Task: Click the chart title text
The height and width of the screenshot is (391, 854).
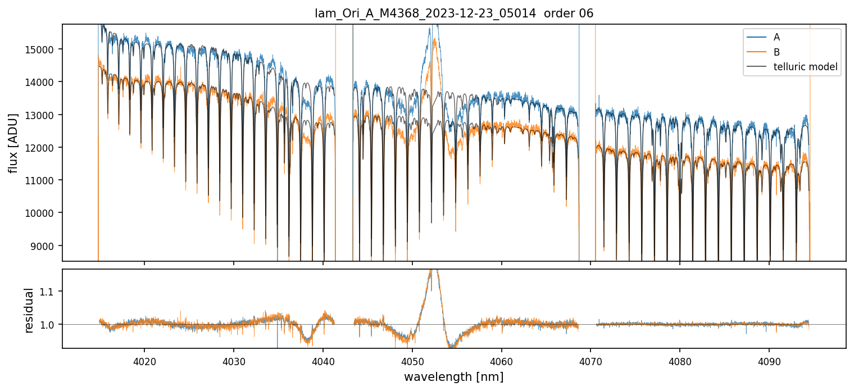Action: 453,14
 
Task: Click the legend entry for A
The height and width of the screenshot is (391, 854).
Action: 776,37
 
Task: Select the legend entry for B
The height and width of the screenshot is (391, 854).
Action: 776,52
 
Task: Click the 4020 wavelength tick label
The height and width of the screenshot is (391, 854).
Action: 144,360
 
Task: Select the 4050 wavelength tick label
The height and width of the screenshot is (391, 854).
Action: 412,360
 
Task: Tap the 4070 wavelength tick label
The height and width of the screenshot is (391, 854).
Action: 591,360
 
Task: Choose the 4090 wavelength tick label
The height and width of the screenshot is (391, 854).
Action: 769,360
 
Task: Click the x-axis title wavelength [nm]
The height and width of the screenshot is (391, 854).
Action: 453,377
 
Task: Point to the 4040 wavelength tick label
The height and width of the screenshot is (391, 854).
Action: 323,360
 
